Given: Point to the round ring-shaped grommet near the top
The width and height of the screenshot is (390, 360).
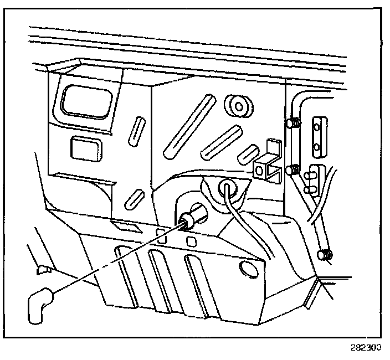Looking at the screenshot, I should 238,105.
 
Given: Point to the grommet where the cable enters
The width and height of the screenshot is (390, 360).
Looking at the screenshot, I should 227,188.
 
